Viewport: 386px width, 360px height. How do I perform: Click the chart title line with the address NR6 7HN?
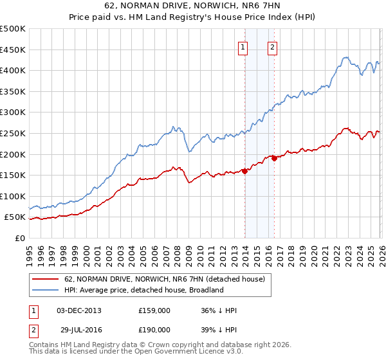(192, 6)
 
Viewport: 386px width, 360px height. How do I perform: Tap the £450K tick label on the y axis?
(13, 50)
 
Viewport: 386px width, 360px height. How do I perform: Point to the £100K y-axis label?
(13, 196)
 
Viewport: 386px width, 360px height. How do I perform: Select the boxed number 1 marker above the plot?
(244, 46)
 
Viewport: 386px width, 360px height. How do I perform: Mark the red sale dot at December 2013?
(244, 171)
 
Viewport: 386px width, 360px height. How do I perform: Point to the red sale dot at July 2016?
(274, 158)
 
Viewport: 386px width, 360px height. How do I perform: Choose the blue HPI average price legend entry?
(143, 290)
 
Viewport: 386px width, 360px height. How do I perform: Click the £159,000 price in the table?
(154, 310)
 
